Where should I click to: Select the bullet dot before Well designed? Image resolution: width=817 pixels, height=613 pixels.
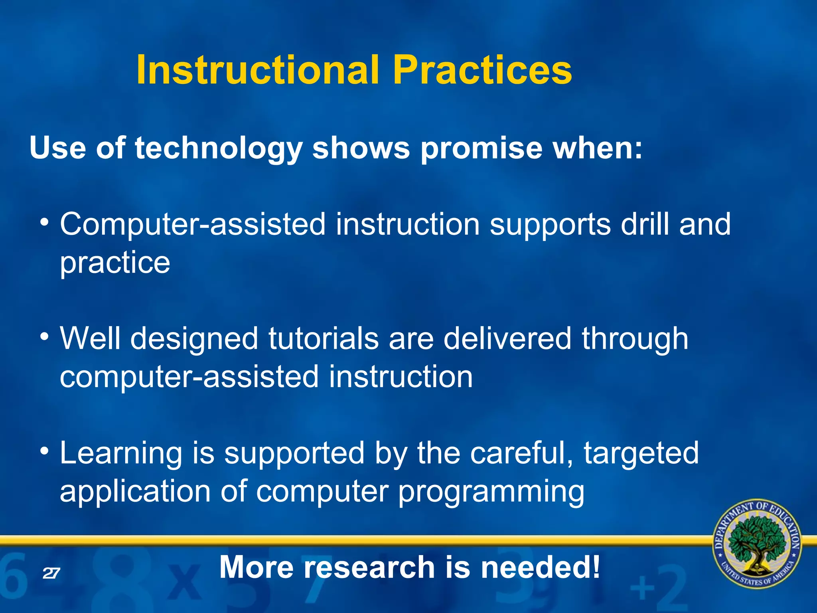point(45,336)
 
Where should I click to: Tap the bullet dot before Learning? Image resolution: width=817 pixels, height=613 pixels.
point(45,451)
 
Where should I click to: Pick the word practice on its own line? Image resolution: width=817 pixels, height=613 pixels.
point(115,263)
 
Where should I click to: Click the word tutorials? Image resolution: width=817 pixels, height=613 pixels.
point(323,338)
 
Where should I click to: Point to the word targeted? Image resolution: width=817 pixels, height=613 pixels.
point(641,454)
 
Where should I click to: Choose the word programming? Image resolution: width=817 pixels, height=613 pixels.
point(491,492)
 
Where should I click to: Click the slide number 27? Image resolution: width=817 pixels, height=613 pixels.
point(51,573)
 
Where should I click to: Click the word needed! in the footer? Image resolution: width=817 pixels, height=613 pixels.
point(540,567)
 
